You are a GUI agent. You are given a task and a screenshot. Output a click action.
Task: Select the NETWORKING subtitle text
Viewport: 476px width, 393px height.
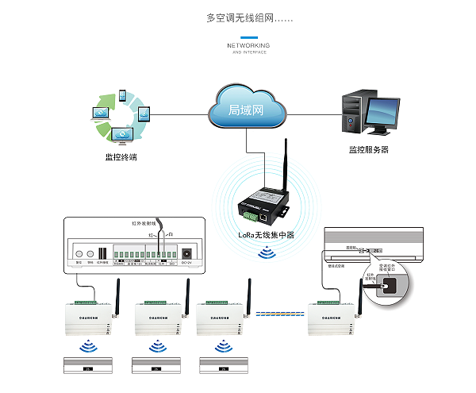coord(248,46)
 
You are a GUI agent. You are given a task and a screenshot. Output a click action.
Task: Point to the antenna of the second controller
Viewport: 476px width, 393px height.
coord(184,295)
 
